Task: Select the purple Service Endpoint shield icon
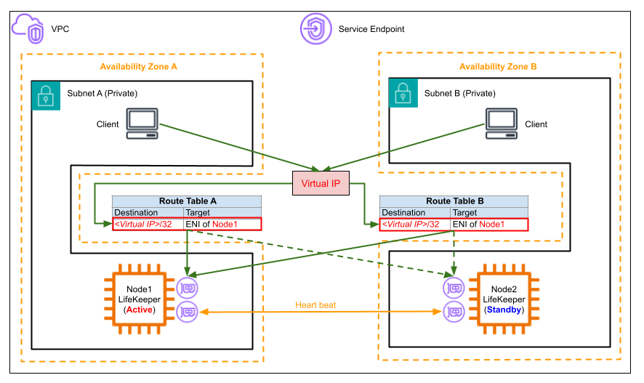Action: click(x=315, y=29)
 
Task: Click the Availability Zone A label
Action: click(x=139, y=67)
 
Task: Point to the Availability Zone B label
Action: click(x=498, y=67)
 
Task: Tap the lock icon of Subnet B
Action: click(x=403, y=94)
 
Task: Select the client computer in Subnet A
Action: click(x=142, y=123)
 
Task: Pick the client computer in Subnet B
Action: click(x=502, y=123)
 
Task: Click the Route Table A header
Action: click(x=187, y=201)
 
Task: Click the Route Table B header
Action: click(x=454, y=201)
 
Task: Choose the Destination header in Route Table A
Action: click(x=136, y=213)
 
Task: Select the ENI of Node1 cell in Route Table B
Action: click(x=488, y=225)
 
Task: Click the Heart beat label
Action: click(x=315, y=304)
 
